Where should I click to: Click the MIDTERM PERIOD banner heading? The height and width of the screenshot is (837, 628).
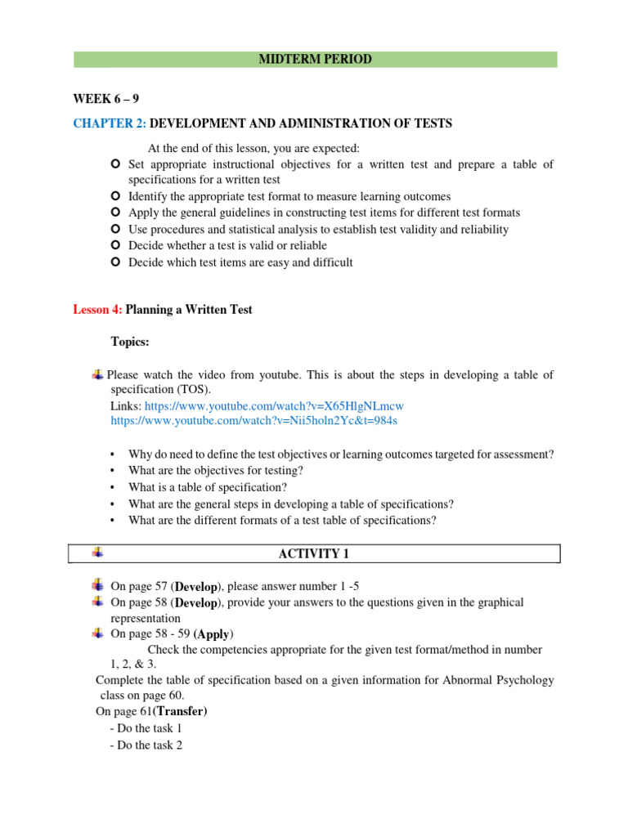(x=316, y=60)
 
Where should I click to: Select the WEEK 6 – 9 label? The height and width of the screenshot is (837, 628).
(x=106, y=99)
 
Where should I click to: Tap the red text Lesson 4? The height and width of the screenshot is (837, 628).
(x=97, y=309)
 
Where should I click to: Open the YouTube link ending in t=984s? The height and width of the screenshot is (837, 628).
(x=253, y=420)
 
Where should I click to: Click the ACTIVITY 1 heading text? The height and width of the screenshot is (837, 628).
(x=314, y=554)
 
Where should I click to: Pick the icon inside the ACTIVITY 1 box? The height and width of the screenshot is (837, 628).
(x=97, y=553)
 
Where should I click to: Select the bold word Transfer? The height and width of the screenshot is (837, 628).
(x=180, y=711)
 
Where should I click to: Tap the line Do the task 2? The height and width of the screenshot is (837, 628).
(x=146, y=744)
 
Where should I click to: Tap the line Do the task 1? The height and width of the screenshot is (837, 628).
(x=145, y=727)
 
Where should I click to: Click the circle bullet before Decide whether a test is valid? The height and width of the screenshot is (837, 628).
(x=115, y=245)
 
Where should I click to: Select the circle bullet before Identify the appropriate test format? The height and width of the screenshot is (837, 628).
(x=115, y=196)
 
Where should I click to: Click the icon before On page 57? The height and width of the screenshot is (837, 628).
(x=99, y=585)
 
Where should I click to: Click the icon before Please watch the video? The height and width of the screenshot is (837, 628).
(x=98, y=374)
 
